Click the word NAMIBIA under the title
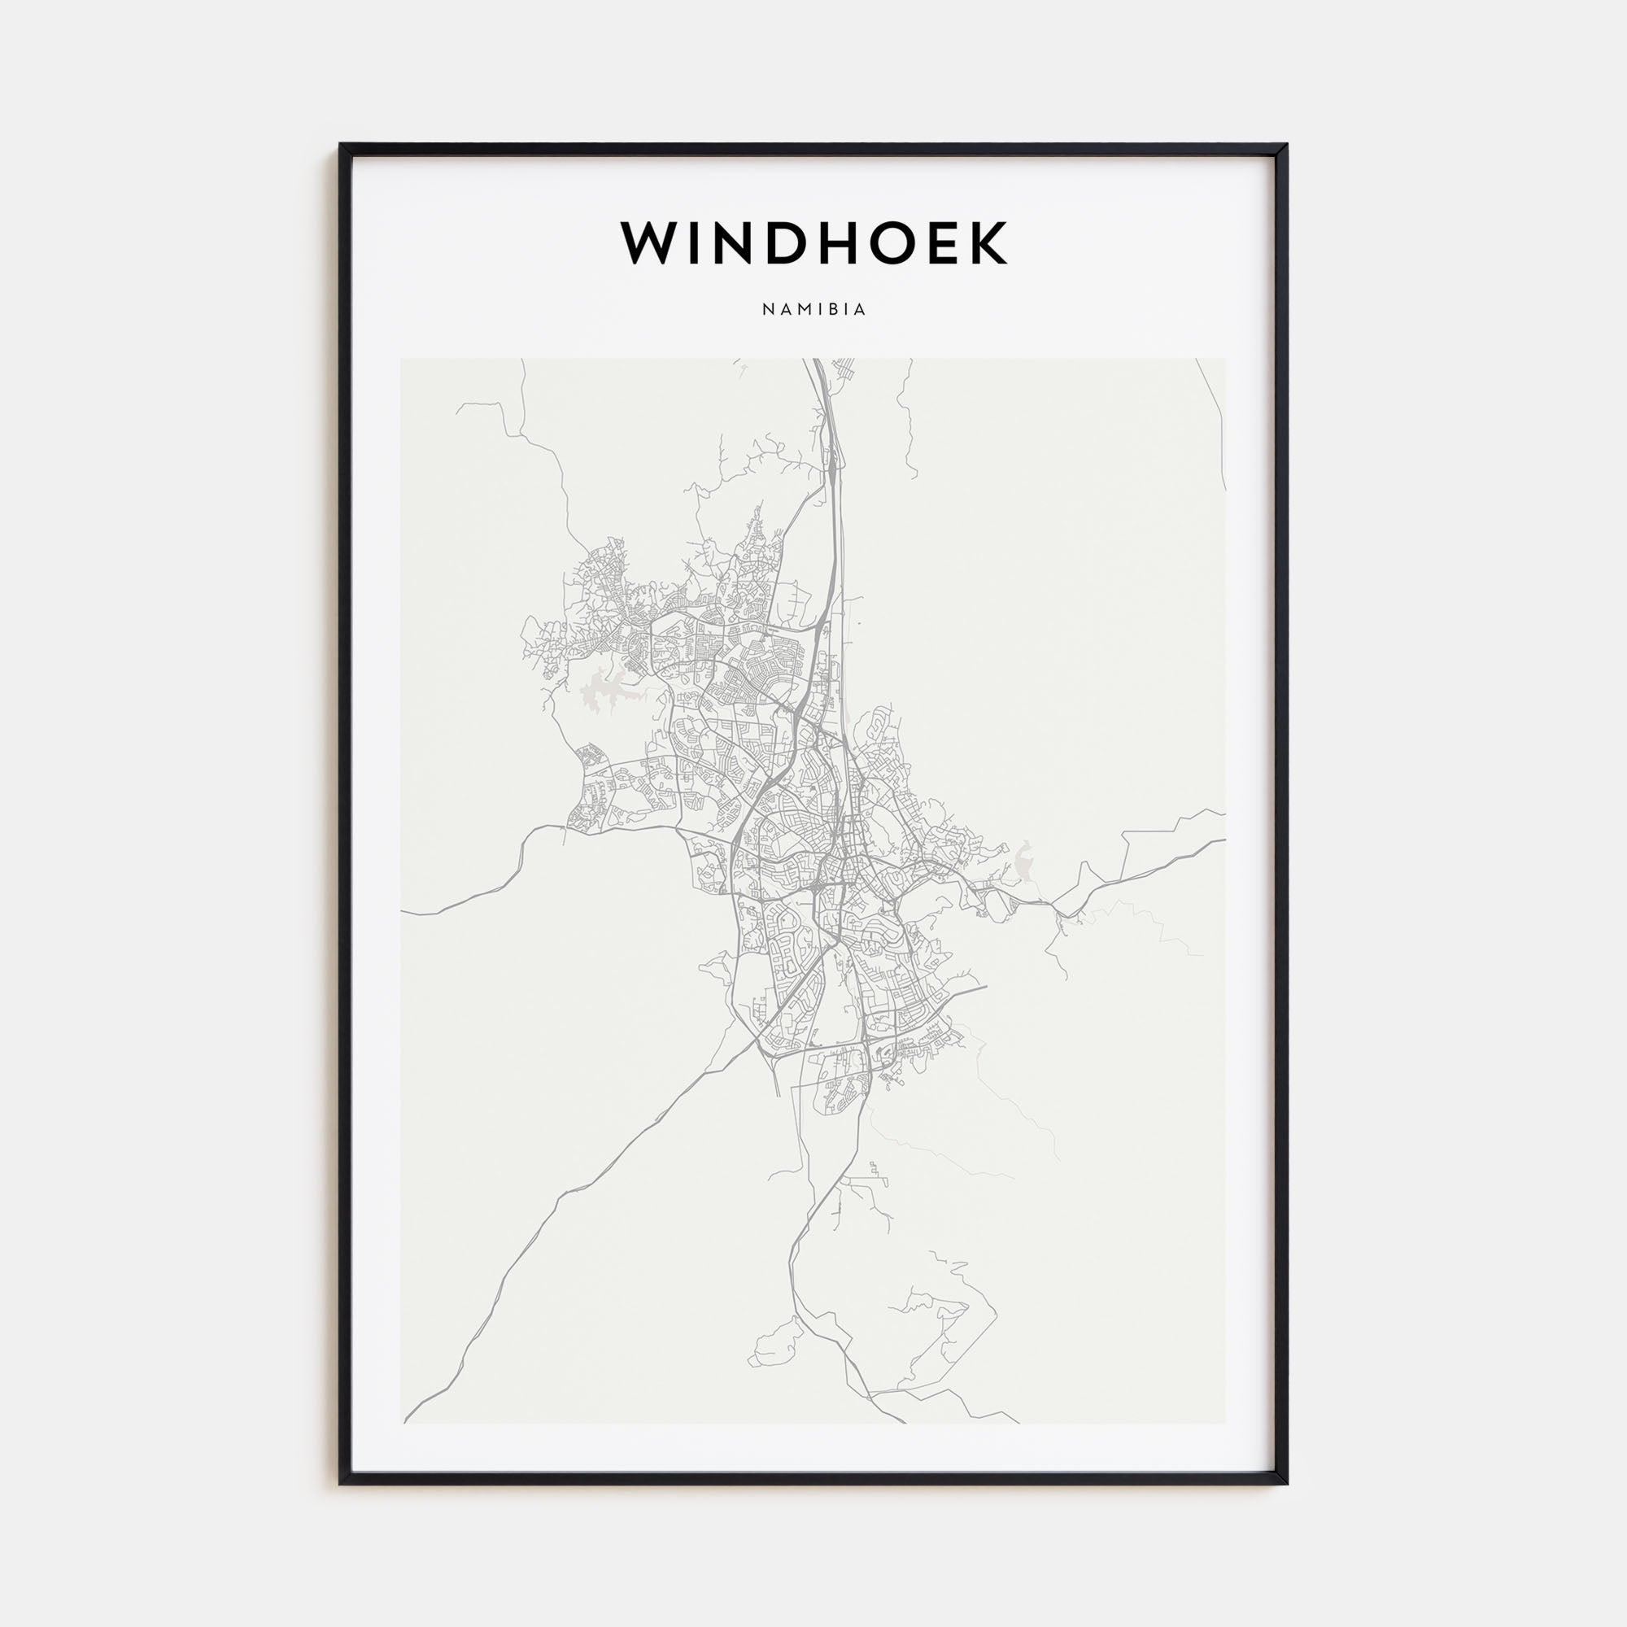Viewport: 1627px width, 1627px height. (x=813, y=310)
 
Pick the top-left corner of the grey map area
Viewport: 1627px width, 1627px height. (x=402, y=360)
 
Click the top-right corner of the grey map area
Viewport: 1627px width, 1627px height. (x=1224, y=360)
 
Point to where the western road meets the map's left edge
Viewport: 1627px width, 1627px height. (x=403, y=914)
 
